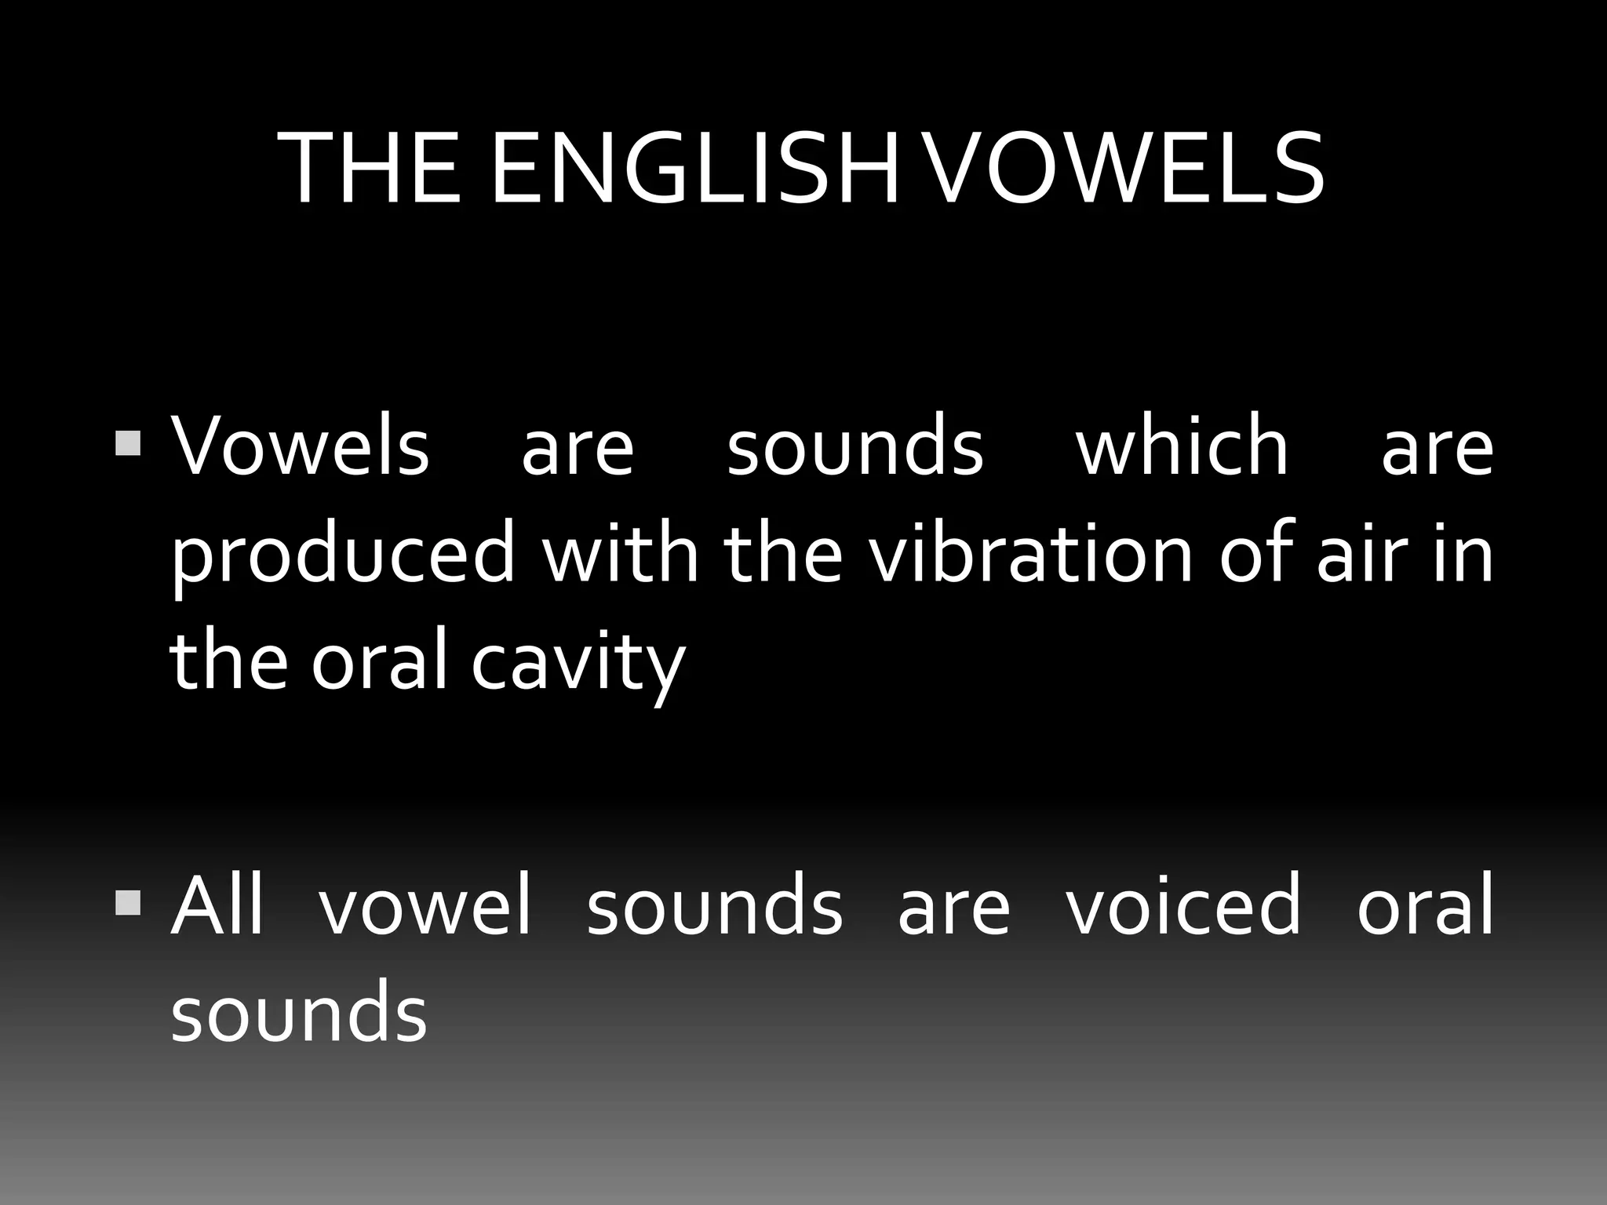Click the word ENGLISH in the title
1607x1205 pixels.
click(694, 169)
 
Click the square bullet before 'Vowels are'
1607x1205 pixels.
click(127, 443)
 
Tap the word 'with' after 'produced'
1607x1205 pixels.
click(621, 553)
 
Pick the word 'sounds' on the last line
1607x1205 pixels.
click(299, 1013)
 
